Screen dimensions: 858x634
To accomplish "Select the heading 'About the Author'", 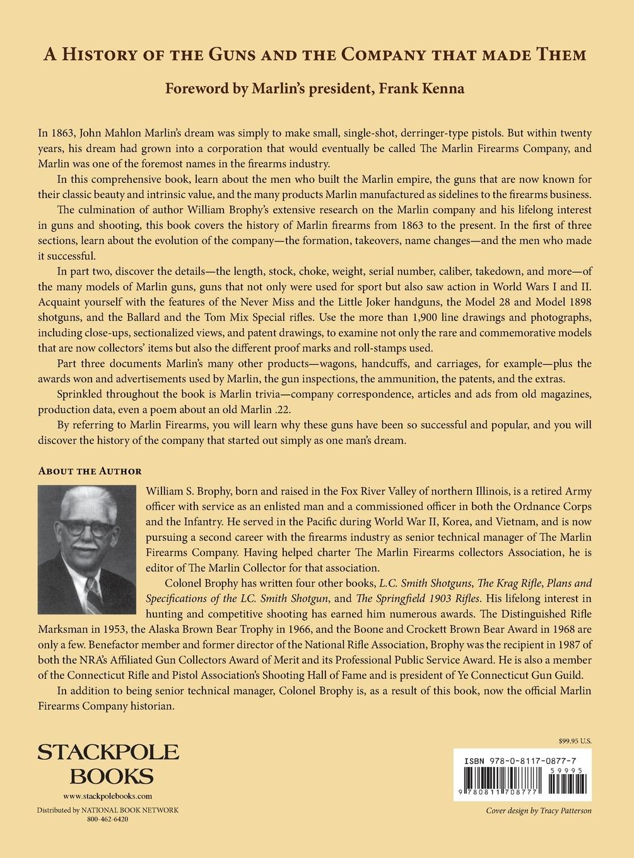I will tap(90, 471).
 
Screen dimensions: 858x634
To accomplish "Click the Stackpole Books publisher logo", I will tap(108, 764).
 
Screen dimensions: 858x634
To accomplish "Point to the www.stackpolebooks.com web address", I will tap(108, 796).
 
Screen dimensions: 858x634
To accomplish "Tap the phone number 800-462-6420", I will tap(108, 819).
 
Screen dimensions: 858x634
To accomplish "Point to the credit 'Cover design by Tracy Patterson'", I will tap(539, 811).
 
